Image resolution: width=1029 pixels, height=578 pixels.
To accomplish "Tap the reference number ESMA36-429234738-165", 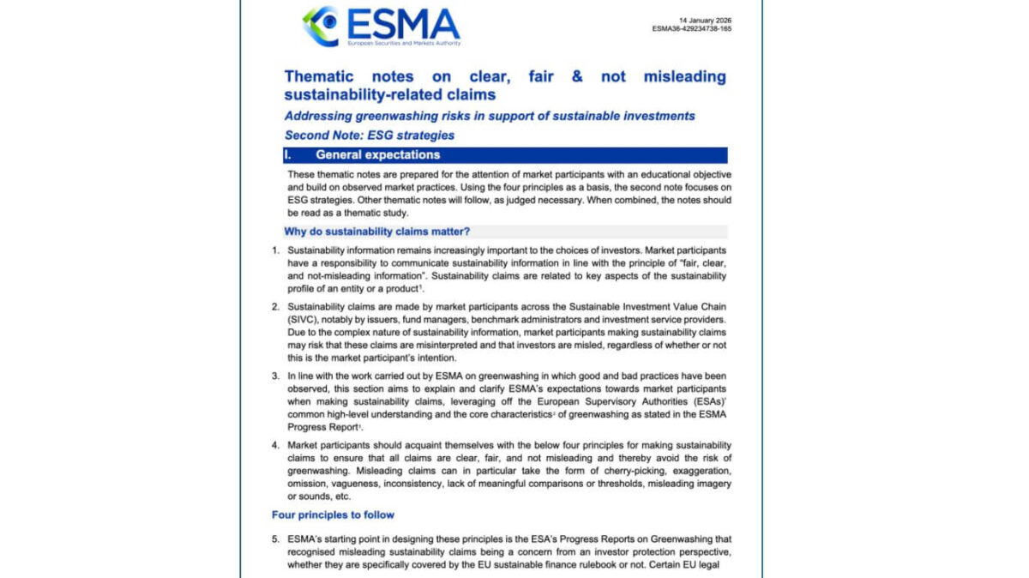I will [691, 29].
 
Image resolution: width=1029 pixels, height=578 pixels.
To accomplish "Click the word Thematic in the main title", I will [319, 76].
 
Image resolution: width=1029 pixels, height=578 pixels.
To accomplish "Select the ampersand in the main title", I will [576, 76].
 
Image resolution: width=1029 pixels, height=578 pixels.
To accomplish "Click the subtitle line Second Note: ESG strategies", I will [369, 135].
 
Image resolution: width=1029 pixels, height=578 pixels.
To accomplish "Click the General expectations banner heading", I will [377, 155].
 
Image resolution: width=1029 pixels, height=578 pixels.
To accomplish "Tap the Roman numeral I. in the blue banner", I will [290, 155].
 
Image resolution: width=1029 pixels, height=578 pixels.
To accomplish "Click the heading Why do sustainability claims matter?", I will [377, 231].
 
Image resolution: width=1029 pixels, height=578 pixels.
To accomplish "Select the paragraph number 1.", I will [276, 250].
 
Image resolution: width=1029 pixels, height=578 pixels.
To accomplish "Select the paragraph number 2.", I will [276, 306].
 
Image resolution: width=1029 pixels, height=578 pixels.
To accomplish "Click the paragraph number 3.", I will [276, 376].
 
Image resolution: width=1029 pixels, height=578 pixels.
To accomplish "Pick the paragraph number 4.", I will [276, 445].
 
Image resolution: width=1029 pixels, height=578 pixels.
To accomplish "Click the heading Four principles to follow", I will [333, 515].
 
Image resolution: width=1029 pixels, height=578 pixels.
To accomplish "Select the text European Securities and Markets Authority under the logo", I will [403, 43].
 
